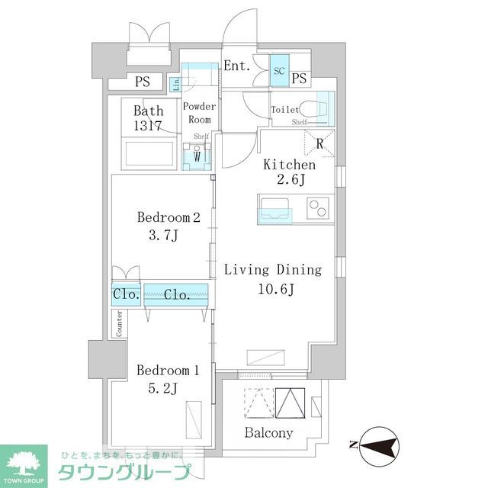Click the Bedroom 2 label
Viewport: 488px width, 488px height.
169,217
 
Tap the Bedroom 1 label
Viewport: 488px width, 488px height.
168,371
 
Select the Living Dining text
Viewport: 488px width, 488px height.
273,270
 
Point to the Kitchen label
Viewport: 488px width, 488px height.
289,165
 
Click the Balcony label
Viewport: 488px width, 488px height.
268,433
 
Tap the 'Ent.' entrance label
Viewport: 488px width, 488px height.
237,66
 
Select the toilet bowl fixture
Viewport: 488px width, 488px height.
315,108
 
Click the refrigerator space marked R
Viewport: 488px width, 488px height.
319,143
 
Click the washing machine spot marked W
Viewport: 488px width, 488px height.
197,157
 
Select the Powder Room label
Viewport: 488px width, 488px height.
200,114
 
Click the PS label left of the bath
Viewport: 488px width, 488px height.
143,82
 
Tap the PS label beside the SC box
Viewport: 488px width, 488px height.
300,78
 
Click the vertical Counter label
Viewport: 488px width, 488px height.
119,324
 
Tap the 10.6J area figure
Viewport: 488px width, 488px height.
273,290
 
